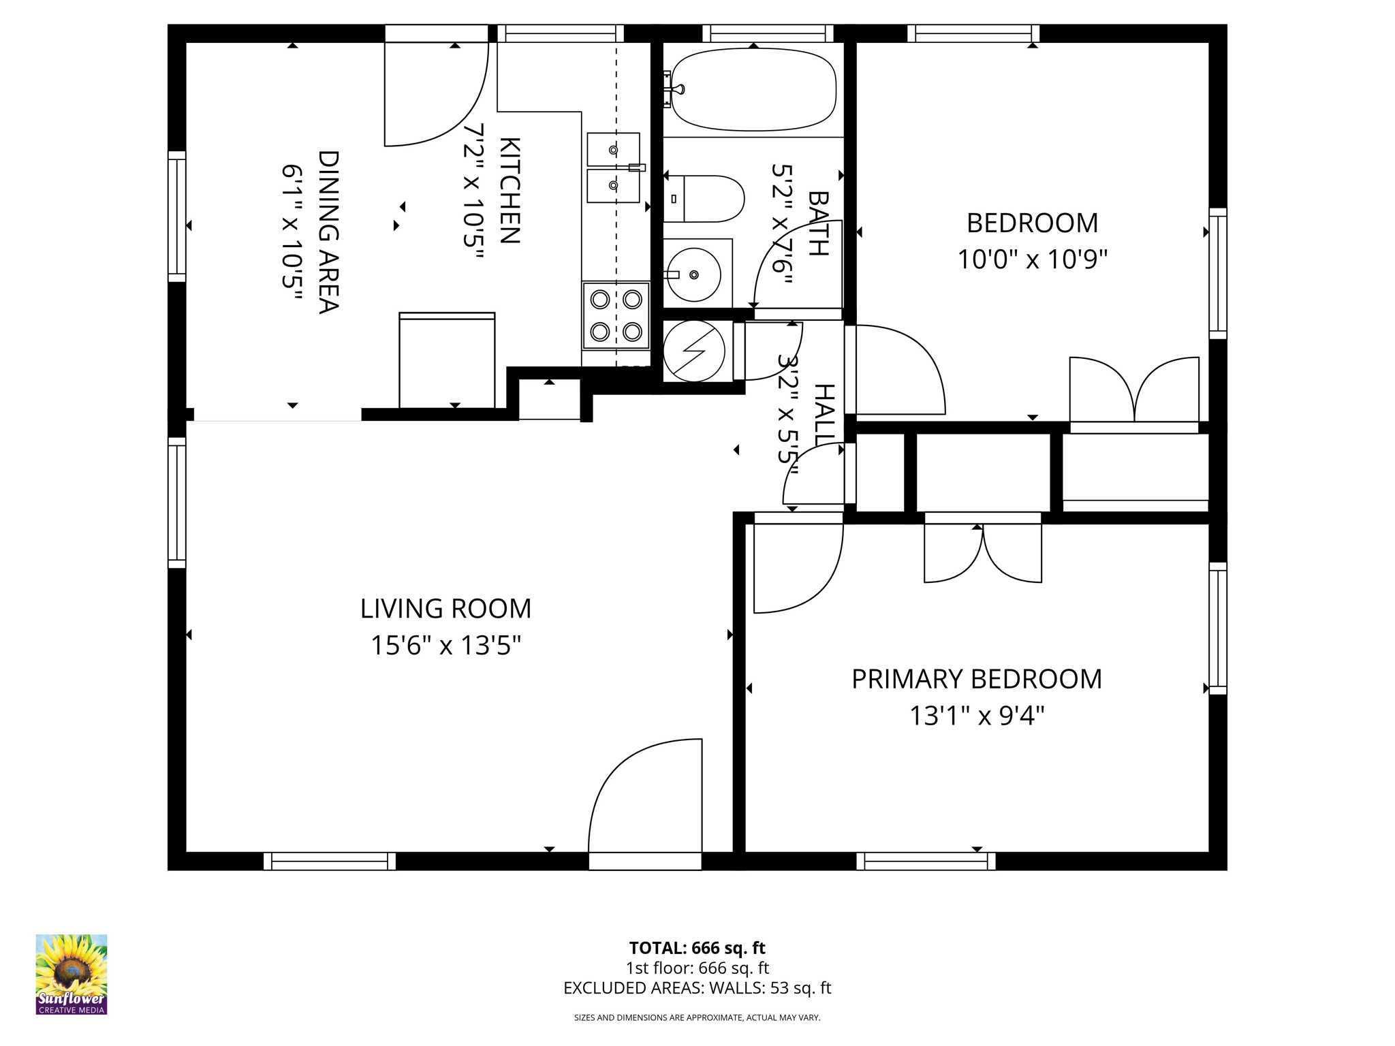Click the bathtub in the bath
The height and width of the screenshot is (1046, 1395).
[x=753, y=89]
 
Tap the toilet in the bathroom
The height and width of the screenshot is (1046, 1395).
[x=704, y=199]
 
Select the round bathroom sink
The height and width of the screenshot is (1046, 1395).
[x=693, y=275]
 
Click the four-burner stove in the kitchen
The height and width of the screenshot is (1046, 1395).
[x=616, y=315]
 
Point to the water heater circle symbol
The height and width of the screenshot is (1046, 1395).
[x=693, y=351]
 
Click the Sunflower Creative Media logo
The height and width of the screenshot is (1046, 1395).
[x=72, y=974]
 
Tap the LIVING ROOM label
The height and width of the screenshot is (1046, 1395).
[x=445, y=609]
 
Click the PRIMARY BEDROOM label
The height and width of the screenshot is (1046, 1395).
[x=977, y=680]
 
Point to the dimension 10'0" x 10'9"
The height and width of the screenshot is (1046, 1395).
[x=1033, y=259]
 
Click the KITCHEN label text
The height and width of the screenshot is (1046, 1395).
[x=510, y=190]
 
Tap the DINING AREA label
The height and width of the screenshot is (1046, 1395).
[x=328, y=232]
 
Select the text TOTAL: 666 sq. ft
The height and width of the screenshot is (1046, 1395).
[x=697, y=948]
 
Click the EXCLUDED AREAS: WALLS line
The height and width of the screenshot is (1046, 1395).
[x=697, y=988]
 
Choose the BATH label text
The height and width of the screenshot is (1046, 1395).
[x=818, y=223]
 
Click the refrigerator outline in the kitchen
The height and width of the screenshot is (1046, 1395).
[x=447, y=360]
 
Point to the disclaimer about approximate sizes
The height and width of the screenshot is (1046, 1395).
[x=697, y=1017]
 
